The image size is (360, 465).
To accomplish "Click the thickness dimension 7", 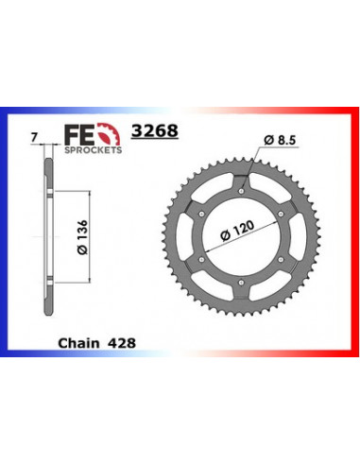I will pos(34,139).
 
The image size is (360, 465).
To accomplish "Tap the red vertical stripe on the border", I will pos(353,236).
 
